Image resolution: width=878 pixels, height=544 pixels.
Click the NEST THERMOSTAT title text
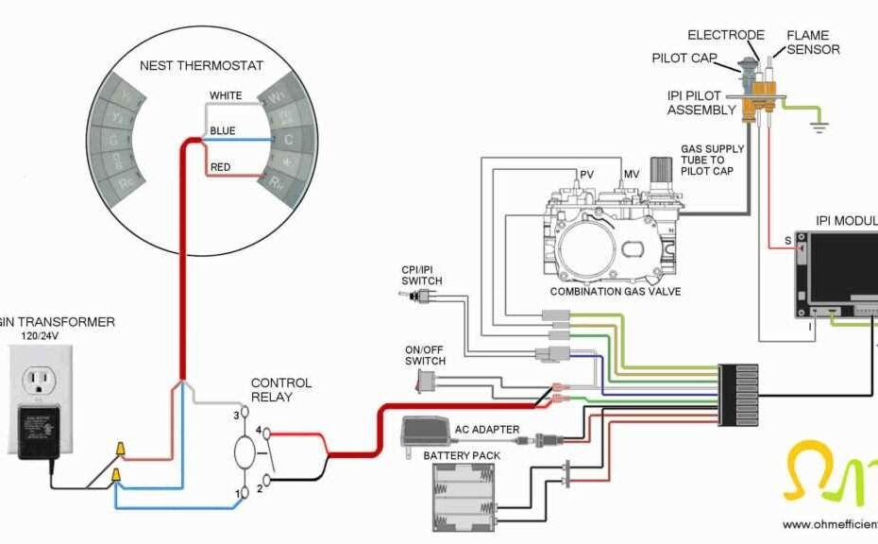(201, 66)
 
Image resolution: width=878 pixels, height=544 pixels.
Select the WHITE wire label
(226, 95)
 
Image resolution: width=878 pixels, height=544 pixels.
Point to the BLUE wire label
(223, 131)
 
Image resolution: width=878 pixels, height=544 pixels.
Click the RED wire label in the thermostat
(221, 166)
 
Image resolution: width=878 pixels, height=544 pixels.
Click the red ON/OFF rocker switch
(427, 382)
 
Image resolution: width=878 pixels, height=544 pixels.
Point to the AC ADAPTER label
(488, 430)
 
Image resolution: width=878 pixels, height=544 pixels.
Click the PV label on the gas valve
(586, 174)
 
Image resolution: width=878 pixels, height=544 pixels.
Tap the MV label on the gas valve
(631, 174)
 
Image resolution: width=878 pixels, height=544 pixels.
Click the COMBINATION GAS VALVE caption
(616, 292)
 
